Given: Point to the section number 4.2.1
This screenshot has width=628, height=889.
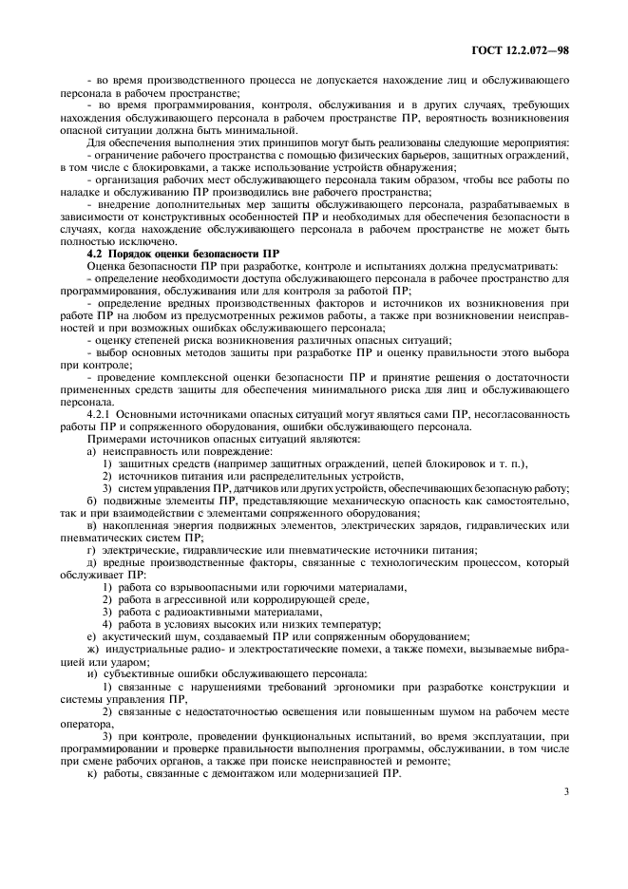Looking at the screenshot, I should [102, 415].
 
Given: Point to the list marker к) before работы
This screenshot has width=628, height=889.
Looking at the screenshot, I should [91, 773].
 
